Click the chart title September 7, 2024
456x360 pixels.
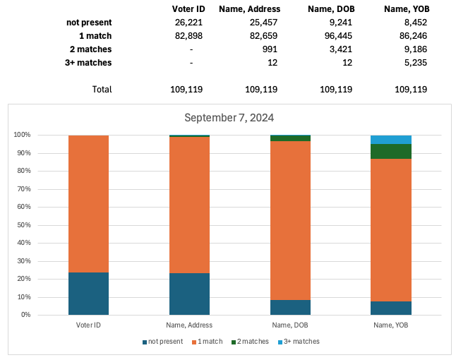coord(229,118)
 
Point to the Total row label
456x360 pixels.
coord(102,90)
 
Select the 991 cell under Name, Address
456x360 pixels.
coord(268,49)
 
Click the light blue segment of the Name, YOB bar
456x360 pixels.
coord(391,139)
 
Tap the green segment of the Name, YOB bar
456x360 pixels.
coord(391,151)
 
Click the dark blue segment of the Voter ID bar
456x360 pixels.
coord(88,293)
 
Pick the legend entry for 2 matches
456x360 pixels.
coord(251,342)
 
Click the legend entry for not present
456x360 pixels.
coord(163,342)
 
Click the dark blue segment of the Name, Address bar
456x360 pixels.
coord(189,294)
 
